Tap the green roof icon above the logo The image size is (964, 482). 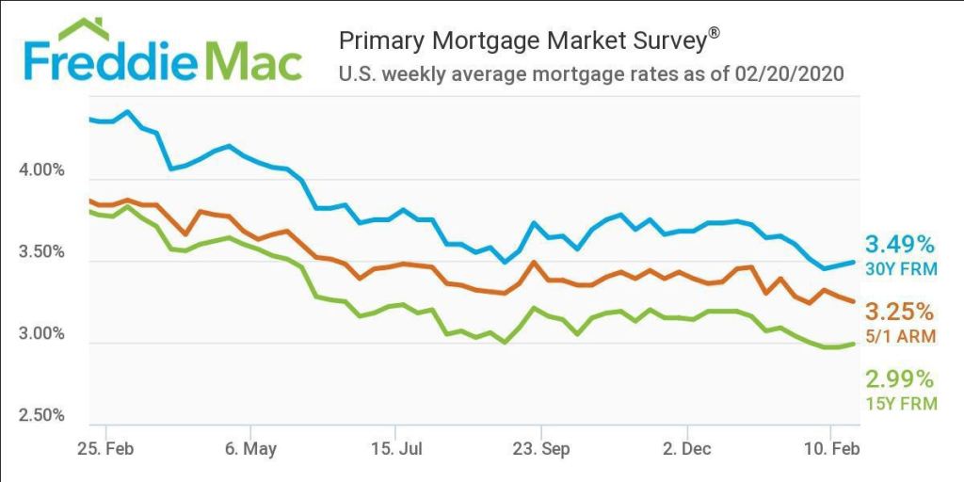tap(82, 28)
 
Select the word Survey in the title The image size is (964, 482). tap(667, 40)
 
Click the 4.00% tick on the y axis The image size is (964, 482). tap(41, 171)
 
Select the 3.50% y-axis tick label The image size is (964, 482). tap(41, 253)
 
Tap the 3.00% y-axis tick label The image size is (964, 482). tap(41, 334)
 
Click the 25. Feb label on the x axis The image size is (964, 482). tap(105, 449)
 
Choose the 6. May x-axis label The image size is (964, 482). tap(250, 449)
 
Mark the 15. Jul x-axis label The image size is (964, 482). tap(396, 449)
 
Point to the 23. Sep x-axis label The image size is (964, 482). tap(541, 449)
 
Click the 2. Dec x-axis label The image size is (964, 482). tap(685, 449)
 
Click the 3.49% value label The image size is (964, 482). tap(900, 245)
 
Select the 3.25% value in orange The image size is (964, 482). tap(900, 312)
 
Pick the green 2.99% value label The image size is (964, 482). tap(900, 379)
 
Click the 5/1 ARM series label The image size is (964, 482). tap(900, 336)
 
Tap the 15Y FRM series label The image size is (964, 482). tap(900, 404)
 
